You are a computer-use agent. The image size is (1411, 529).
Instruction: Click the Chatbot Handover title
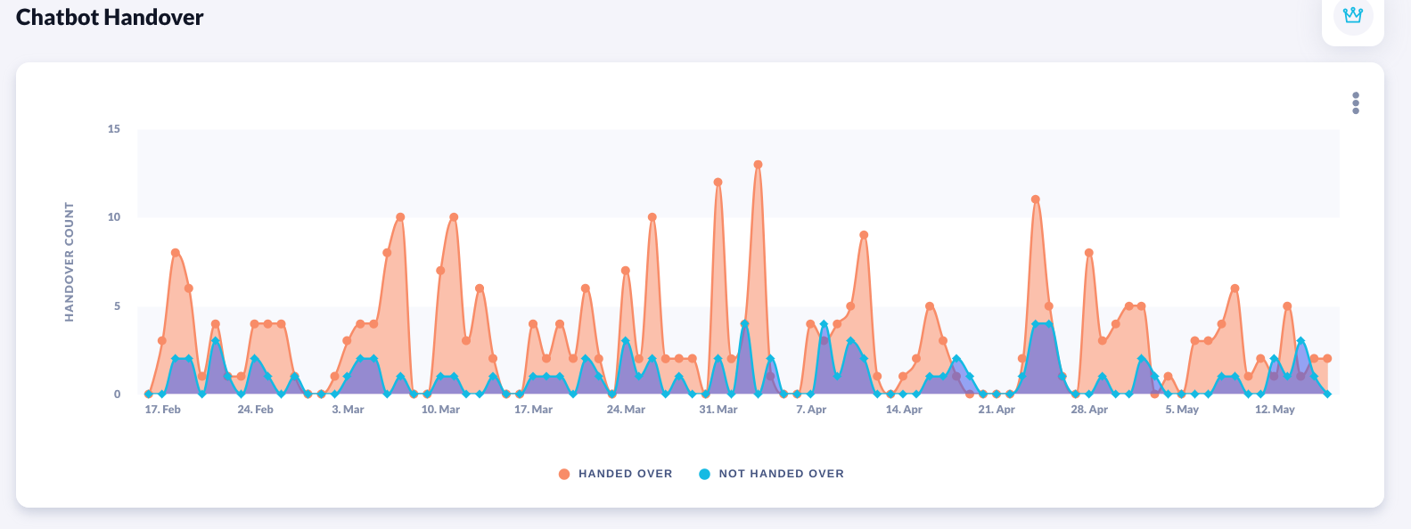(x=110, y=18)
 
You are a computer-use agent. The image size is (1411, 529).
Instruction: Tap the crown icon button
(x=1352, y=16)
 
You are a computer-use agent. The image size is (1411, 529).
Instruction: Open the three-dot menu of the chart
(x=1356, y=103)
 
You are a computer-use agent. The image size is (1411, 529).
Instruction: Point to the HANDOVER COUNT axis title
(x=70, y=261)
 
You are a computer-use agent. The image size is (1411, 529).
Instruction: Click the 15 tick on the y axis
(x=114, y=129)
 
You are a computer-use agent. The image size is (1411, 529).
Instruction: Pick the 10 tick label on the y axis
(x=114, y=217)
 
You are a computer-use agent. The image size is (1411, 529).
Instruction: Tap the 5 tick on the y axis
(x=117, y=306)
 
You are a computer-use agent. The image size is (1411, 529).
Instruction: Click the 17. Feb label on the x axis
(x=162, y=410)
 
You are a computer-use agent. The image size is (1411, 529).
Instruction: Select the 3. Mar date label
(x=348, y=410)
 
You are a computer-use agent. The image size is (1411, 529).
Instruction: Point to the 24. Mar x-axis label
(x=626, y=410)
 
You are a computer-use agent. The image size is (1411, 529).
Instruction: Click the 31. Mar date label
(x=718, y=410)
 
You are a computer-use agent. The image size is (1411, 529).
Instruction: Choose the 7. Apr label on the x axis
(x=811, y=410)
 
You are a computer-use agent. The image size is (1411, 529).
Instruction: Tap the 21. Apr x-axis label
(x=997, y=410)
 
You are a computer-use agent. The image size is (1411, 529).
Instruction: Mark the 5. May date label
(x=1182, y=410)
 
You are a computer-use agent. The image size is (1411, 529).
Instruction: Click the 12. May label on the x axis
(x=1275, y=410)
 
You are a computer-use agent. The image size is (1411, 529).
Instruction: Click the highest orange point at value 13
(x=758, y=165)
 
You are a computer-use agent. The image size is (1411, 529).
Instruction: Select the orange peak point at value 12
(x=718, y=183)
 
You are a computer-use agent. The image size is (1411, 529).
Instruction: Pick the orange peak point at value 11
(x=1036, y=199)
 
